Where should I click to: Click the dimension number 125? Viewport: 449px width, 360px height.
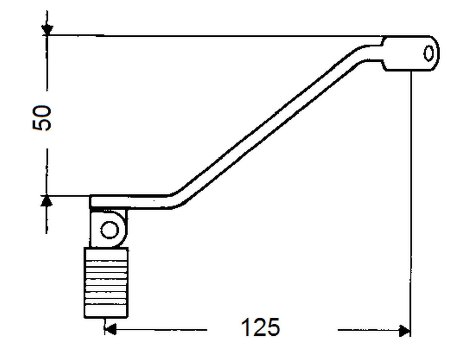(x=260, y=327)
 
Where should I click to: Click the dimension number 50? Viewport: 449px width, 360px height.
(x=42, y=118)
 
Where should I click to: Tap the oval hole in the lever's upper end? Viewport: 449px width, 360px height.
(x=429, y=54)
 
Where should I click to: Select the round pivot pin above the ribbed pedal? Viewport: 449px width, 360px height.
(x=110, y=230)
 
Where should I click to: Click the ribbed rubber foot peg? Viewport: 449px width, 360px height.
(x=106, y=283)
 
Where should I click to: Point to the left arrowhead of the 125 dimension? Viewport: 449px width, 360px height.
(x=110, y=330)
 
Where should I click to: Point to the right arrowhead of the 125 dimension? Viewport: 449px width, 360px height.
(x=404, y=330)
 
